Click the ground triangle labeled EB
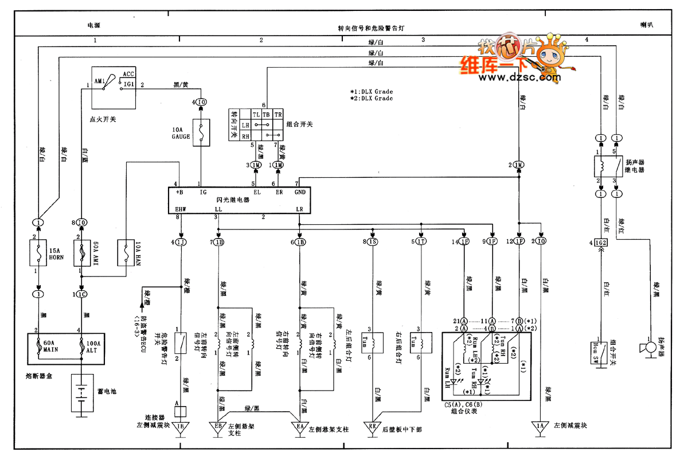coord(218,427)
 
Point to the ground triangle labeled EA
coord(299,427)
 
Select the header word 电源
coord(93,26)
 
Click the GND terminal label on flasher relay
coord(300,193)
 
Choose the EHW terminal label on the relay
coord(181,209)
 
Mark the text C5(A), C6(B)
coord(463,405)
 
